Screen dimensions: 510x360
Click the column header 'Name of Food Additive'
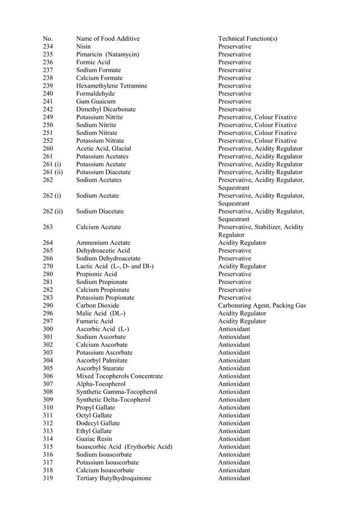pyautogui.click(x=108, y=38)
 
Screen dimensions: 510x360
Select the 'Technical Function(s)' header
pyautogui.click(x=248, y=38)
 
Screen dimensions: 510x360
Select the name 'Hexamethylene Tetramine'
pyautogui.click(x=112, y=86)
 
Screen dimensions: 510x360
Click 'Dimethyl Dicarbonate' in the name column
pyautogui.click(x=106, y=110)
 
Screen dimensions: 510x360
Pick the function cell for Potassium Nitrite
pyautogui.click(x=257, y=117)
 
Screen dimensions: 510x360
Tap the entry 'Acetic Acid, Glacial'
pyautogui.click(x=104, y=149)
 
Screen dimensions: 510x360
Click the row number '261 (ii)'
pyautogui.click(x=52, y=172)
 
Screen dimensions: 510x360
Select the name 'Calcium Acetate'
pyautogui.click(x=99, y=227)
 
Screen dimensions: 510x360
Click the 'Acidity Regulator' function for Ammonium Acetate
pyautogui.click(x=242, y=243)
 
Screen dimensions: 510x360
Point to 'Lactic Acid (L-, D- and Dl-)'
pyautogui.click(x=115, y=266)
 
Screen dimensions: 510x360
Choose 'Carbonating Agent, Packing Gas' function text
pyautogui.click(x=262, y=306)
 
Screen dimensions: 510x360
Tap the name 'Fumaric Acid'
pyautogui.click(x=95, y=321)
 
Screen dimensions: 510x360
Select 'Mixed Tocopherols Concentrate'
pyautogui.click(x=120, y=376)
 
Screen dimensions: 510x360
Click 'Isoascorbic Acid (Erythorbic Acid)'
pyautogui.click(x=124, y=447)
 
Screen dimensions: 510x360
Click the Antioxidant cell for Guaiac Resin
pyautogui.click(x=234, y=439)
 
